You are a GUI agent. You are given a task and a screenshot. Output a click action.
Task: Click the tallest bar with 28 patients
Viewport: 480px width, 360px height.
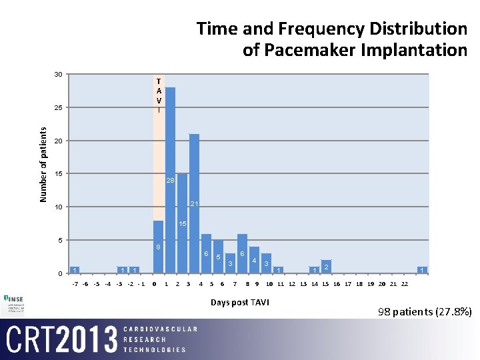coord(170,180)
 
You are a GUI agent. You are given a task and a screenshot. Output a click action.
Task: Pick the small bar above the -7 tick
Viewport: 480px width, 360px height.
coord(75,269)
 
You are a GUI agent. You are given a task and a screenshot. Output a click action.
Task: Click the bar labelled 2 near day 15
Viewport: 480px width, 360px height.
coord(326,267)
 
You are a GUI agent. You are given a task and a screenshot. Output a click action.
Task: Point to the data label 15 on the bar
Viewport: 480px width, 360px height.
coord(182,224)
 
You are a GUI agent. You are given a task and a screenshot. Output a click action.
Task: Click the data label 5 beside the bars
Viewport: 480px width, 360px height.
coord(218,257)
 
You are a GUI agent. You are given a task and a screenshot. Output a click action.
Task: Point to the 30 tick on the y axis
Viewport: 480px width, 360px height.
coord(59,74)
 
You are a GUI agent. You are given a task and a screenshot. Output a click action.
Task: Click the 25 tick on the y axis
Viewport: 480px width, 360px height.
coord(59,107)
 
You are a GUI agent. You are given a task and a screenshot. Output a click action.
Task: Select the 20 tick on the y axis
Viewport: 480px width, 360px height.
coord(59,141)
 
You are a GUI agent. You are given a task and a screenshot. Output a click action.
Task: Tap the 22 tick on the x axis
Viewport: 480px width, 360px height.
coord(404,284)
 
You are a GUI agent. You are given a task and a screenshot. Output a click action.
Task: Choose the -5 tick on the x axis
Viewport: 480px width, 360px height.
coord(97,284)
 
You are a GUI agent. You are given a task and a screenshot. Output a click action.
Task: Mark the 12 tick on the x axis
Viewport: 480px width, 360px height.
coord(292,284)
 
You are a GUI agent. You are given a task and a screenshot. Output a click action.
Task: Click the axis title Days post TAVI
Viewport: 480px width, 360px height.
coord(239,302)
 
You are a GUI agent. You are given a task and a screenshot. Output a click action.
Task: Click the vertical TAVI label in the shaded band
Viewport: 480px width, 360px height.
coord(158,95)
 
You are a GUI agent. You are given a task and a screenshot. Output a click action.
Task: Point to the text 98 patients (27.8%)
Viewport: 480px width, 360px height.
coord(425,311)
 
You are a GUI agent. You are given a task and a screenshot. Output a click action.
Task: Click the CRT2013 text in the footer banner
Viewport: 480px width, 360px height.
coord(59,339)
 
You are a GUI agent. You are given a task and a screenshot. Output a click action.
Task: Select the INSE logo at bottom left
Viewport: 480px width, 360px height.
coord(15,302)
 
